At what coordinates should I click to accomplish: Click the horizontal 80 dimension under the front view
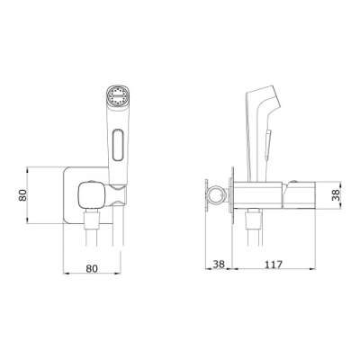pos(92,268)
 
